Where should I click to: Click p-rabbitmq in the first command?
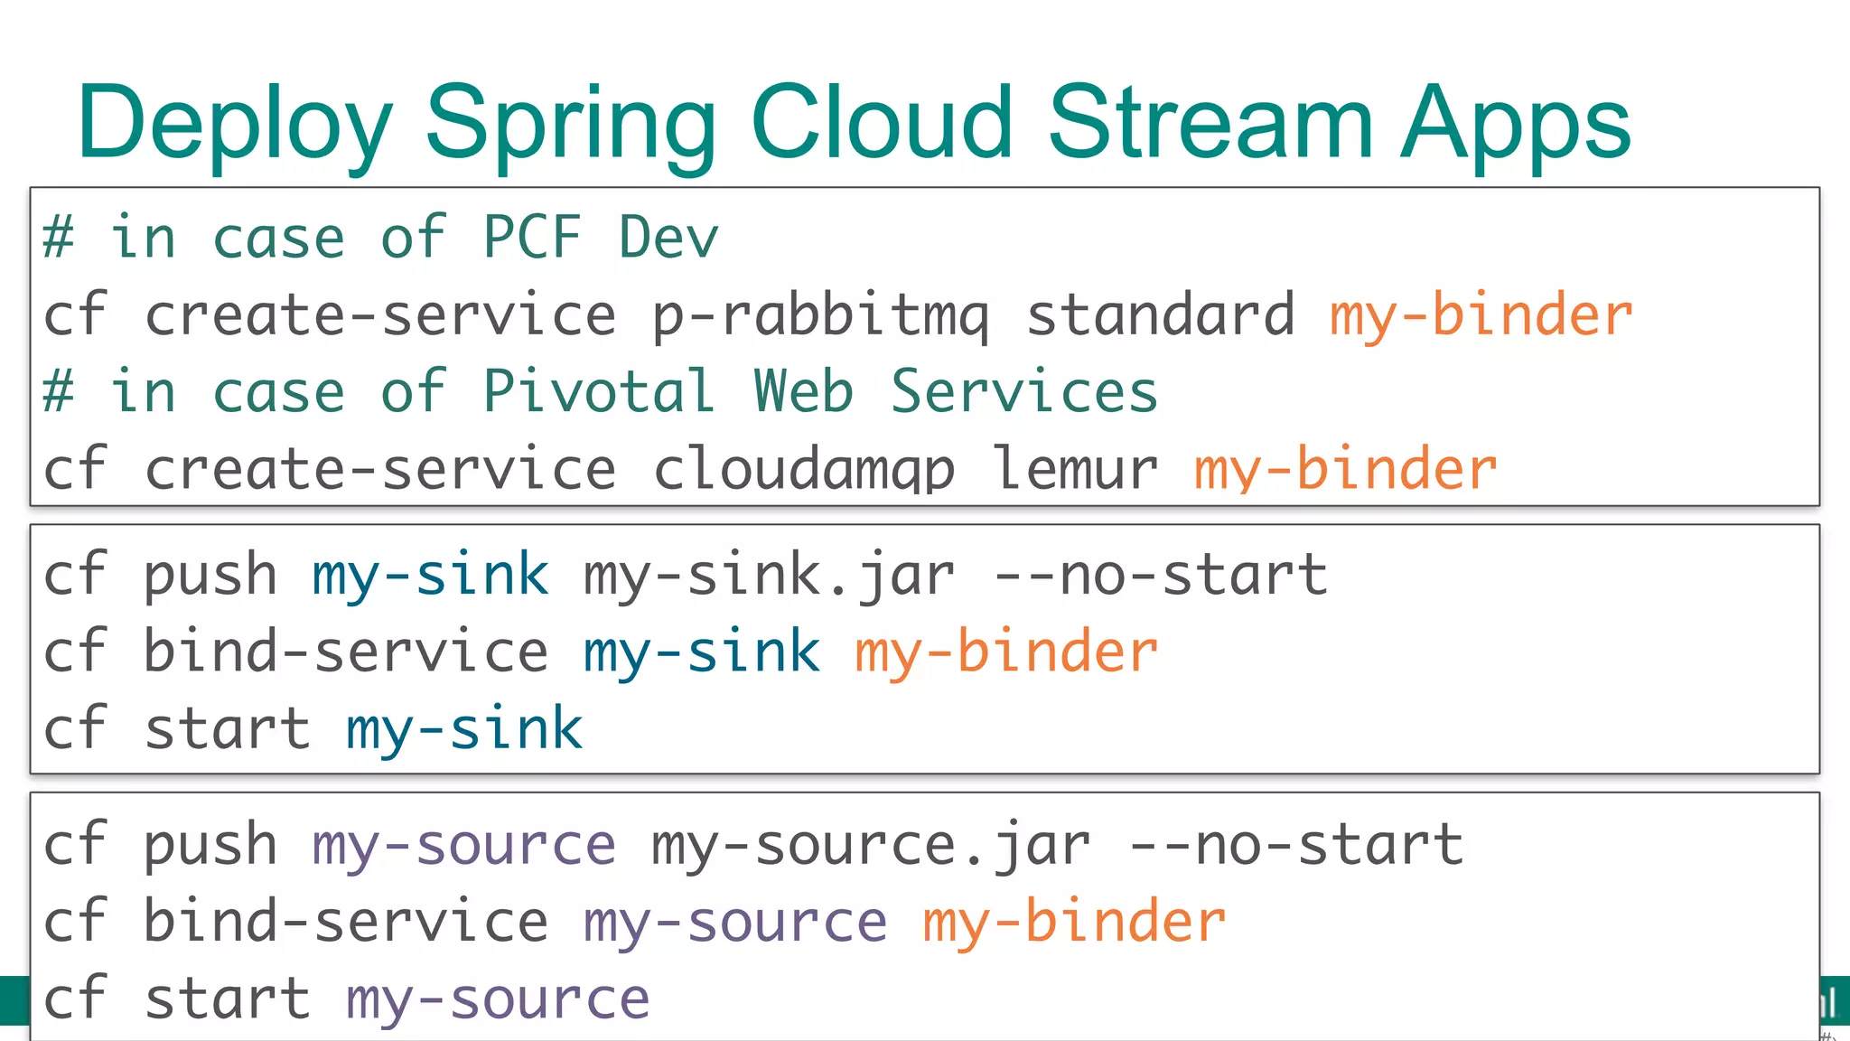coord(820,315)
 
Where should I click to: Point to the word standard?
coord(1160,315)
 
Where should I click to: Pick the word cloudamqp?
coord(803,469)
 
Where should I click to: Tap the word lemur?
coord(1075,469)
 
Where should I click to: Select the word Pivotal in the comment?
coord(598,392)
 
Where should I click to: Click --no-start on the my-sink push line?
coord(1160,575)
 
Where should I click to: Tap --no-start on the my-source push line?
coord(1295,844)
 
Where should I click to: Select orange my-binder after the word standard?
coord(1481,315)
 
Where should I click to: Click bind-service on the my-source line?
coord(346,922)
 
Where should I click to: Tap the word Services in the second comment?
coord(1023,392)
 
